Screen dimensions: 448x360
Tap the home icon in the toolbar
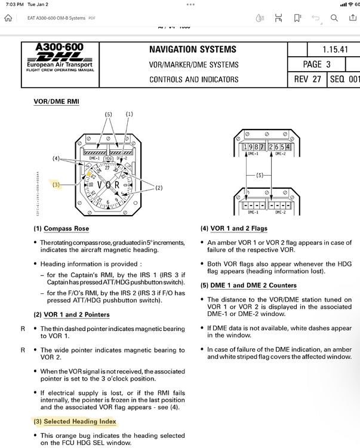coord(8,18)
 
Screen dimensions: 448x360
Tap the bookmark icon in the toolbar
coord(297,18)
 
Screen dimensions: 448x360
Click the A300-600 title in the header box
coord(59,47)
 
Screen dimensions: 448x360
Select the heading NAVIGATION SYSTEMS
coord(192,50)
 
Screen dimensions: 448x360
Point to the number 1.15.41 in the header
coord(336,50)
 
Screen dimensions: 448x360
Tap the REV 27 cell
coord(308,79)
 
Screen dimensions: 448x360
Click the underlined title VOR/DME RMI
coord(56,102)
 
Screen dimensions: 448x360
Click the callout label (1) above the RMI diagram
coord(129,113)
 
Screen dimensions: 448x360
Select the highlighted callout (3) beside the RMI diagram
coord(56,185)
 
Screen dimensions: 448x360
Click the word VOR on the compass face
coord(109,185)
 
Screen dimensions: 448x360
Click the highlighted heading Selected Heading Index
coord(75,421)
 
